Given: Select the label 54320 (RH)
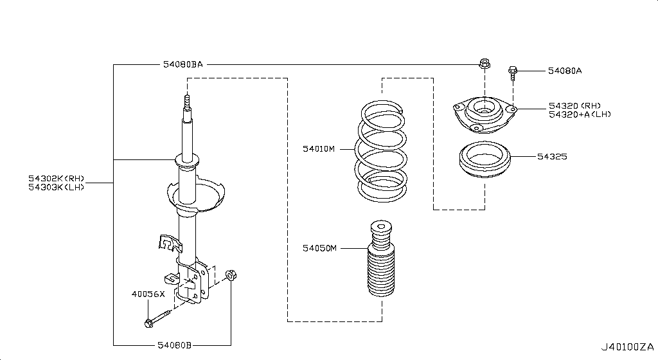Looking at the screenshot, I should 574,105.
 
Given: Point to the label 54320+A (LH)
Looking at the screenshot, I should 579,114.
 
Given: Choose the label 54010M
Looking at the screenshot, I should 319,148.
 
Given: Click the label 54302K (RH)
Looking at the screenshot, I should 56,178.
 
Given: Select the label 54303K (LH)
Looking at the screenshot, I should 56,187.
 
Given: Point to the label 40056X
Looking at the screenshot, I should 148,294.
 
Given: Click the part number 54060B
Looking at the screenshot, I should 174,345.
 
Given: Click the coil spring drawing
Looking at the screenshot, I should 381,151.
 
